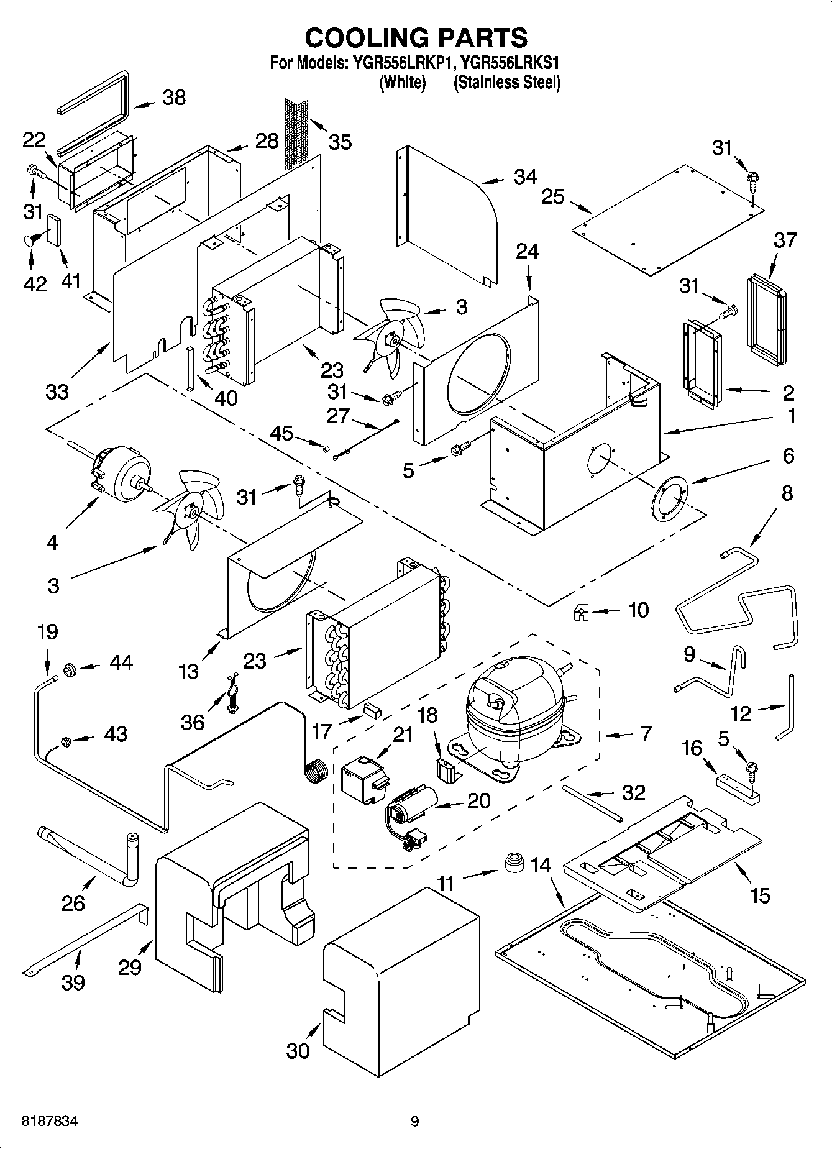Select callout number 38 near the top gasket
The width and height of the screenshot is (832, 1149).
(x=174, y=98)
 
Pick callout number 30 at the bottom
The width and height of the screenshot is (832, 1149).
(x=298, y=1050)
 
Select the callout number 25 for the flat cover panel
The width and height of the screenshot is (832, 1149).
(x=552, y=196)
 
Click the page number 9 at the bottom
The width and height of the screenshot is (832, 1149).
(x=415, y=1122)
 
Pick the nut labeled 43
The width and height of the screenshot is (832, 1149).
(x=65, y=741)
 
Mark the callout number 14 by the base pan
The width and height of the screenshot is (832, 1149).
(x=541, y=864)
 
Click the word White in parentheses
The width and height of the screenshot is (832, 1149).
(x=403, y=82)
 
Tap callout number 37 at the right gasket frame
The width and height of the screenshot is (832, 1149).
(x=784, y=240)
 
